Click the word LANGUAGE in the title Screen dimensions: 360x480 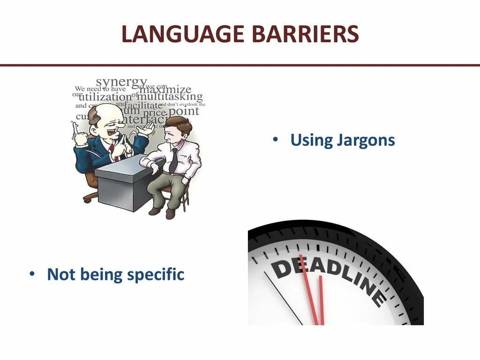pyautogui.click(x=183, y=34)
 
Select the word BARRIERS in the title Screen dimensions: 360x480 pyautogui.click(x=306, y=34)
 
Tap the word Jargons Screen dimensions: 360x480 pyautogui.click(x=366, y=140)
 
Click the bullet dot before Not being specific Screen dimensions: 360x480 pyautogui.click(x=32, y=274)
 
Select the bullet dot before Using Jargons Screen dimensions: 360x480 pyautogui.click(x=276, y=140)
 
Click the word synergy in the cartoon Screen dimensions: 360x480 pyautogui.click(x=121, y=82)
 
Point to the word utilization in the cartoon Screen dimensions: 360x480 pyautogui.click(x=105, y=97)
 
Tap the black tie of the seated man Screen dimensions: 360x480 pyautogui.click(x=174, y=160)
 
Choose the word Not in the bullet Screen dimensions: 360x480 pyautogui.click(x=61, y=275)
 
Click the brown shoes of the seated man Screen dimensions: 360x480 pyautogui.click(x=162, y=211)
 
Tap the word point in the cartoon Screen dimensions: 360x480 pyautogui.click(x=184, y=112)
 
